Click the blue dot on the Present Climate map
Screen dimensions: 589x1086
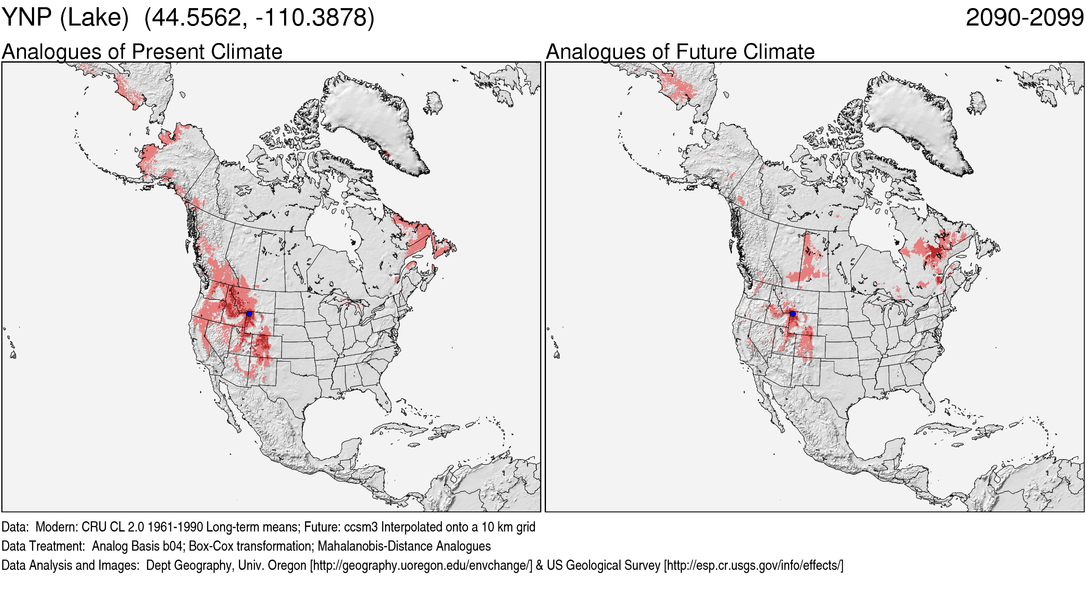click(x=249, y=314)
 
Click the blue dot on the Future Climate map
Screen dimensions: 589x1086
click(x=793, y=314)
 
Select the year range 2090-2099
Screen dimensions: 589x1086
click(x=1024, y=18)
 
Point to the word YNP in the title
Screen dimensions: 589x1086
click(x=26, y=18)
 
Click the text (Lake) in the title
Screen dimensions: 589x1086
click(x=94, y=18)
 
